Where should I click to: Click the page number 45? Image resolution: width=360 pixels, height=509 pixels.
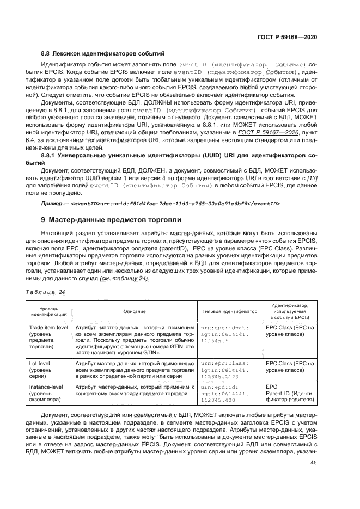pyautogui.click(x=313, y=463)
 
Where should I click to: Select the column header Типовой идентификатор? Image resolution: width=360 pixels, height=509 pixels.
pyautogui.click(x=229, y=311)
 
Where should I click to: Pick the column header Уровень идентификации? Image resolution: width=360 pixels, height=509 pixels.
pyautogui.click(x=49, y=311)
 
